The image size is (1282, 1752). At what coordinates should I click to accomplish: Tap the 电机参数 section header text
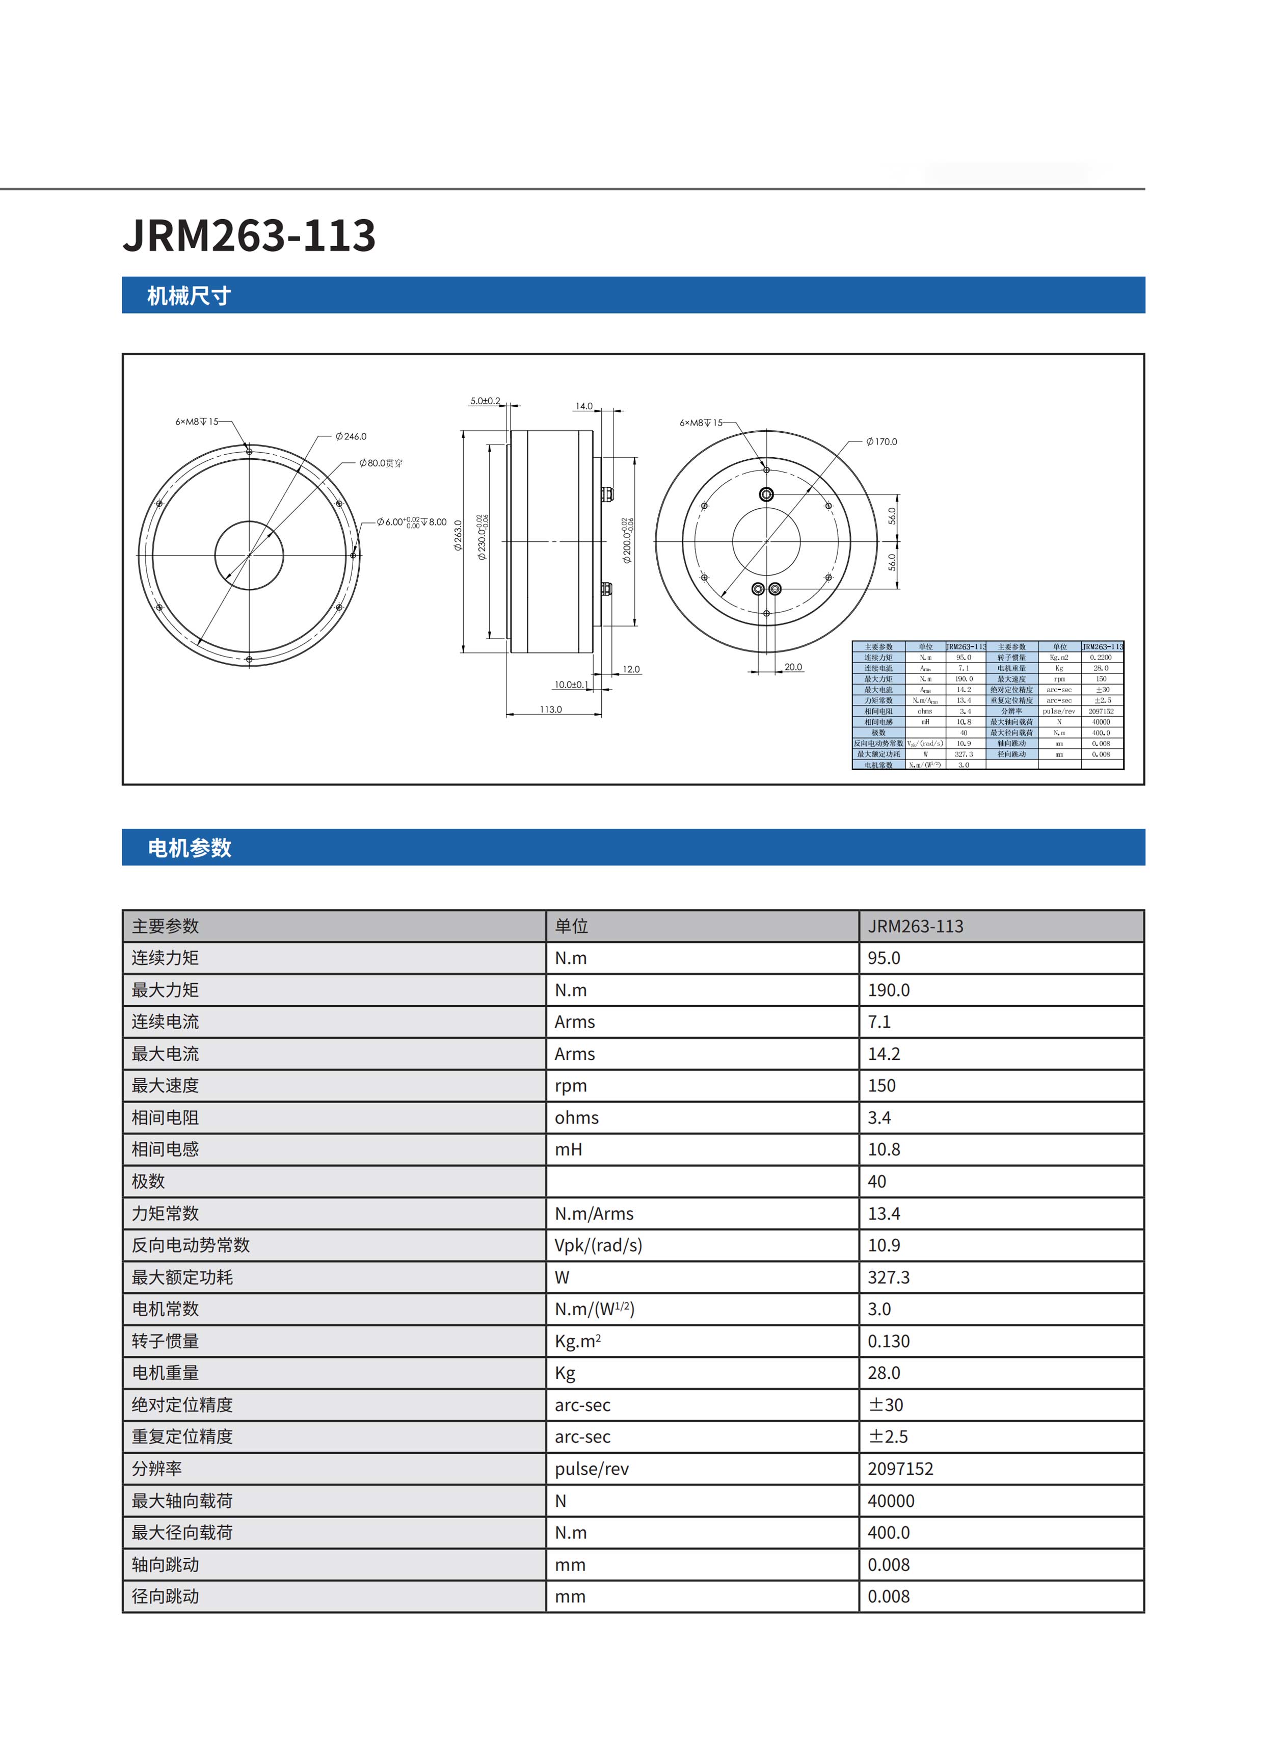click(190, 848)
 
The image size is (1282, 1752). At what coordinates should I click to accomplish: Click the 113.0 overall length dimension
click(550, 710)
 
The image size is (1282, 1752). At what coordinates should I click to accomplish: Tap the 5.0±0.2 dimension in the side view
click(485, 401)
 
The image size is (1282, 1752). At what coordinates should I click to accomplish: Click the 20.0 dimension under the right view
click(793, 667)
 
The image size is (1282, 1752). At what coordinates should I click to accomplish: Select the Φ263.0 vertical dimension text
click(458, 536)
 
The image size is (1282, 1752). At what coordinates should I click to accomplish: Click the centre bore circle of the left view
click(249, 556)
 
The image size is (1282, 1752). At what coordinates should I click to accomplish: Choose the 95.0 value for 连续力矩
click(884, 958)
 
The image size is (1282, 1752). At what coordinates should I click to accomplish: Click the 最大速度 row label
click(165, 1085)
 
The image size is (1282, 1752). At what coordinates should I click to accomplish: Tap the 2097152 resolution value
click(900, 1469)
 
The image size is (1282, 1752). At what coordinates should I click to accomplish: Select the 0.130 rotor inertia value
click(889, 1341)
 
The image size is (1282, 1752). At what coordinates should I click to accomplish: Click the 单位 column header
click(571, 926)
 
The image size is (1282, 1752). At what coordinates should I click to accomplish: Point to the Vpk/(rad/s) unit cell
click(598, 1245)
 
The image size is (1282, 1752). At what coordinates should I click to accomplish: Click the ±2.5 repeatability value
click(888, 1436)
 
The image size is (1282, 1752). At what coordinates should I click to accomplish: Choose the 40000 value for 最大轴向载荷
click(891, 1501)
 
